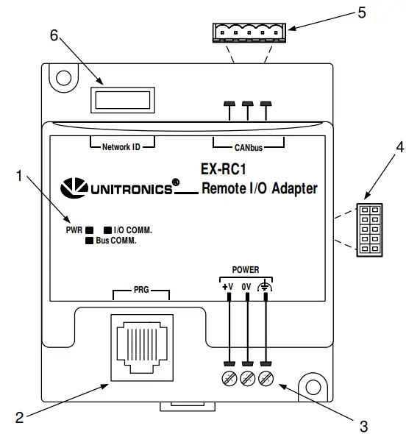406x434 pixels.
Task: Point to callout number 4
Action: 380,148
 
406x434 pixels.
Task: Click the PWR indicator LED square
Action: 90,229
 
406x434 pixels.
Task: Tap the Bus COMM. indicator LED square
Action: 90,240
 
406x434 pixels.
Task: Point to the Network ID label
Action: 115,146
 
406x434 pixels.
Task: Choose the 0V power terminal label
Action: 247,288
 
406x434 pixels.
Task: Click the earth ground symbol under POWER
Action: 265,288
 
